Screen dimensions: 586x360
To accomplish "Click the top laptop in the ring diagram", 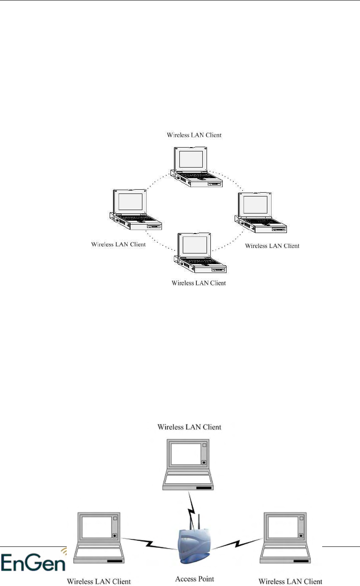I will [x=196, y=166].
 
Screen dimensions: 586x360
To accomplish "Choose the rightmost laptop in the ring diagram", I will [x=260, y=213].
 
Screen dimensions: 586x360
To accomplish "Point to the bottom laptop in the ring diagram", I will [x=201, y=253].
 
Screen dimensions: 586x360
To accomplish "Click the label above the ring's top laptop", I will [x=194, y=135].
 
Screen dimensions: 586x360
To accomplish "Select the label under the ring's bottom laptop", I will [x=198, y=283].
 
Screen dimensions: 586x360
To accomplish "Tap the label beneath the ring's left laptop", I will [x=119, y=245].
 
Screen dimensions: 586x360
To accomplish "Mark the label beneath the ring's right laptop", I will [x=272, y=246].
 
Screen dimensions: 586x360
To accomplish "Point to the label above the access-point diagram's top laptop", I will [x=189, y=427].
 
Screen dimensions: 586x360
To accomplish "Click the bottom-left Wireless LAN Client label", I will [x=99, y=581].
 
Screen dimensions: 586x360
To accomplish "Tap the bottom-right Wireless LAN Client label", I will [x=290, y=581].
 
